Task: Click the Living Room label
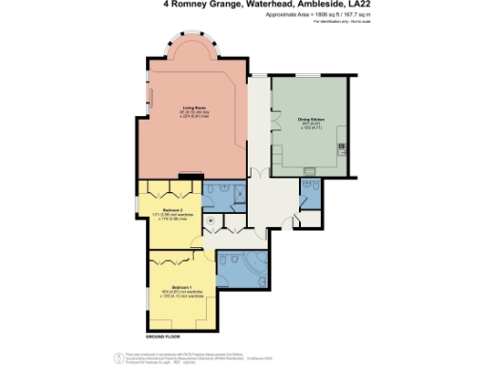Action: click(194, 108)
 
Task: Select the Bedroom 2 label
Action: click(172, 209)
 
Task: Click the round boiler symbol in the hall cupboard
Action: click(211, 220)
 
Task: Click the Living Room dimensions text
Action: click(194, 116)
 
